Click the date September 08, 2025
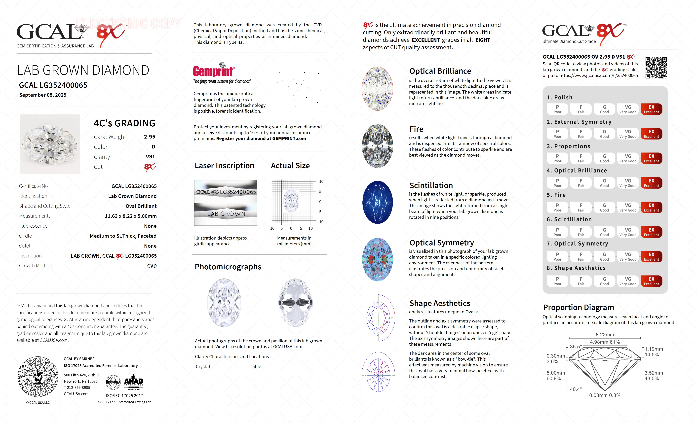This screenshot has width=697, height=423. point(43,95)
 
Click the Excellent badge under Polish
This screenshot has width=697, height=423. point(651,109)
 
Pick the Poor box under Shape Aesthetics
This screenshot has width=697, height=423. point(557,281)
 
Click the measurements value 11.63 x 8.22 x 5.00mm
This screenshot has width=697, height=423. point(131,216)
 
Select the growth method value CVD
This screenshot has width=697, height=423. point(152,266)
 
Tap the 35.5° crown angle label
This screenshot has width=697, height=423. point(576,347)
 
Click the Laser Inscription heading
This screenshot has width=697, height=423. point(224,166)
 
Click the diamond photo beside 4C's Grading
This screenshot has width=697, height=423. point(50,144)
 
